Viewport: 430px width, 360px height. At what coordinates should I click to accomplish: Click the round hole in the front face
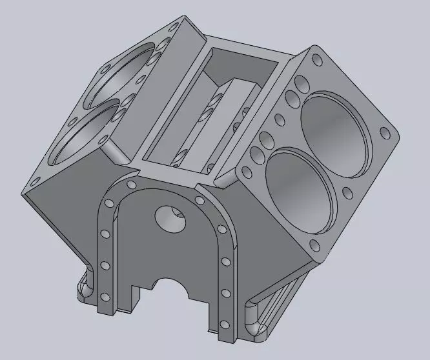(x=170, y=219)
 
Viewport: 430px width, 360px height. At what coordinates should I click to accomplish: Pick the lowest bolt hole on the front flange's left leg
(x=103, y=297)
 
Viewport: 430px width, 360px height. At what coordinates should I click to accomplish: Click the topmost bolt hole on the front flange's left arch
(x=132, y=185)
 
